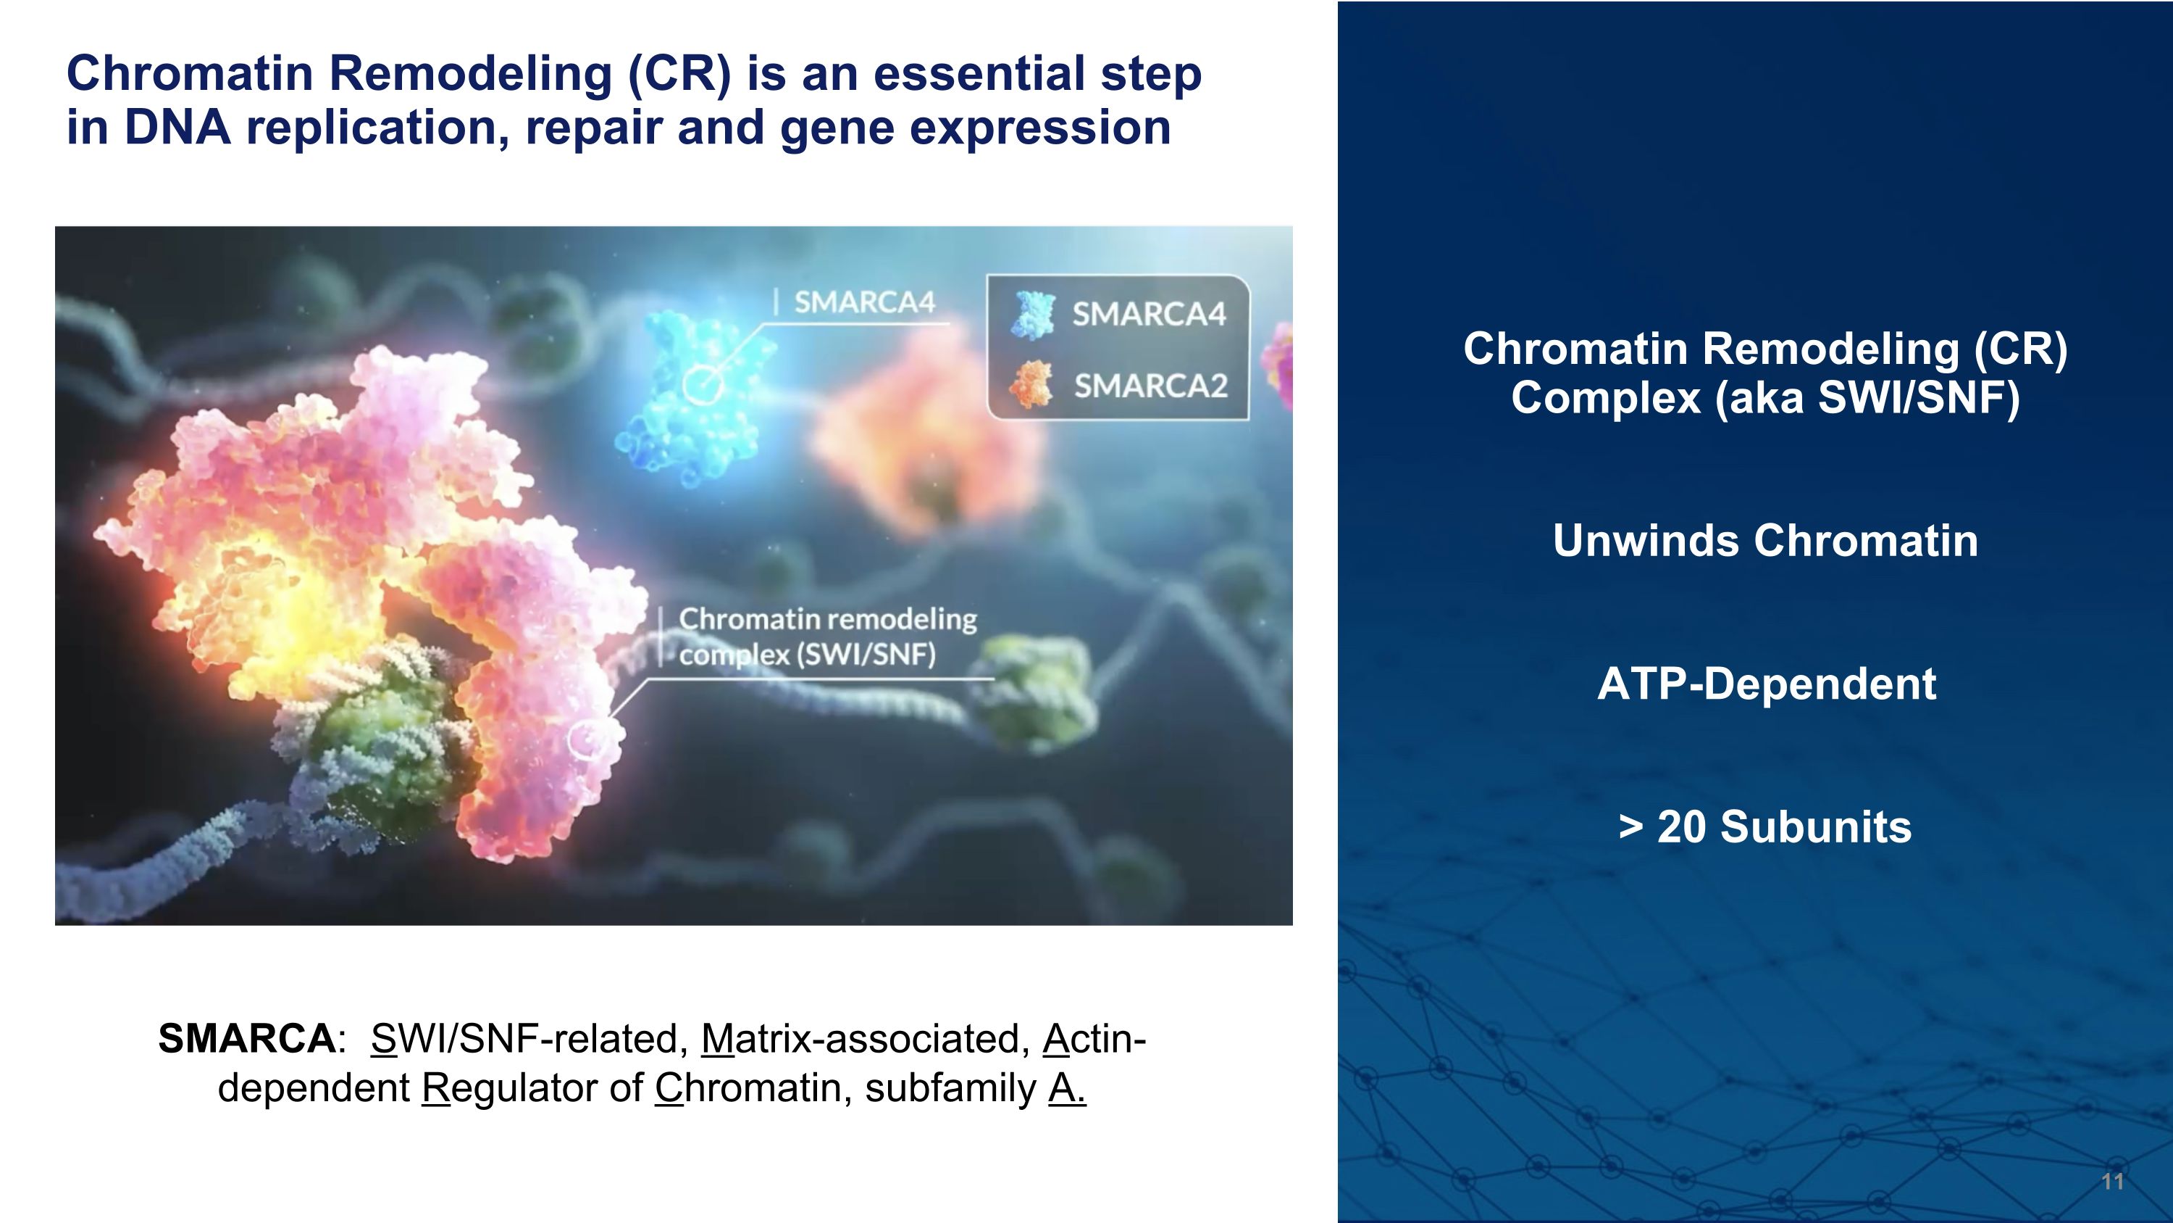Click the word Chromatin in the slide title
point(190,73)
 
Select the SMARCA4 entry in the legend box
point(1148,315)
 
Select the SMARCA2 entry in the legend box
point(1150,386)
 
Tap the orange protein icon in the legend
point(1031,384)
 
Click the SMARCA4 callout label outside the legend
point(864,302)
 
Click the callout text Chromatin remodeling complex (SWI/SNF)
point(826,637)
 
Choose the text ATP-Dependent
point(1767,684)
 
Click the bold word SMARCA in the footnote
point(246,1039)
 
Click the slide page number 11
point(2111,1182)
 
